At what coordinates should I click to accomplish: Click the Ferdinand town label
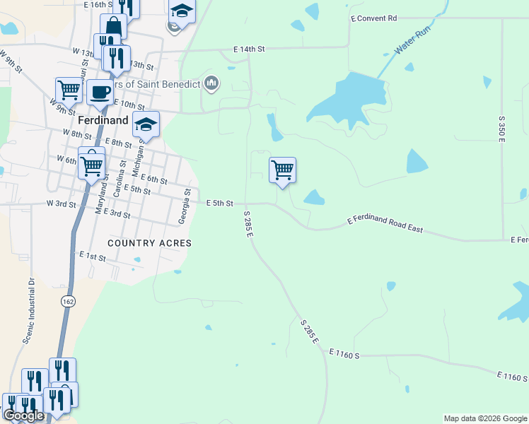pos(103,121)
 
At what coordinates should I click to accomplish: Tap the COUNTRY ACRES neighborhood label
pos(149,243)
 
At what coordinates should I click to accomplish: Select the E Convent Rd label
pos(374,18)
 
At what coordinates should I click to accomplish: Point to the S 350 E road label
pos(501,130)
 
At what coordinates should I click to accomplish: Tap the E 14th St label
pos(250,49)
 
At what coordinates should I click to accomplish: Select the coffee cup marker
pos(99,91)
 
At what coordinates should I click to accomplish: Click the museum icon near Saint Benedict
pos(211,84)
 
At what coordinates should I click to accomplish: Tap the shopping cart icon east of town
pos(282,170)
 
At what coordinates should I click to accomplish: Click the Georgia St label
pos(185,207)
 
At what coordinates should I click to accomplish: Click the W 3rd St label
pos(61,204)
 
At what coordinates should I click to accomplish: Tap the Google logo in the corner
pos(23,416)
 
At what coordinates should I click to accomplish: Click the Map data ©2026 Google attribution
pos(485,418)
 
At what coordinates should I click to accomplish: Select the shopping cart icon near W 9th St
pos(69,90)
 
